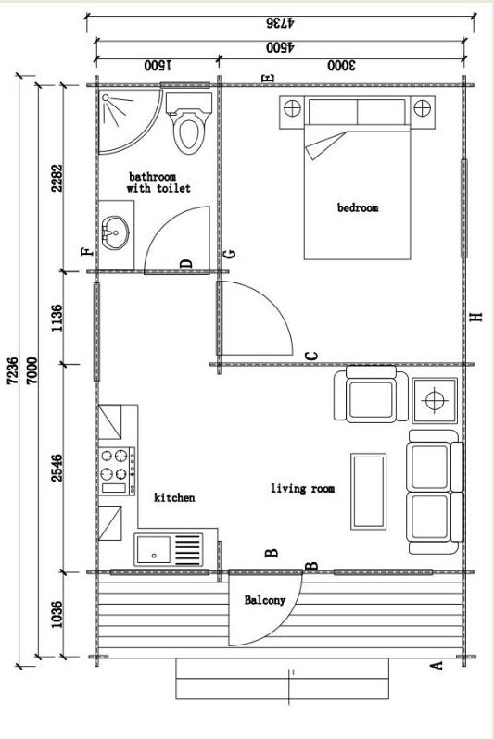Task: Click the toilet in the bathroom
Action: click(189, 122)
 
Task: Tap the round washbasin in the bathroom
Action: click(115, 232)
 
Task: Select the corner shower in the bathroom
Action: click(128, 120)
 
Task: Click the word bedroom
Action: click(358, 207)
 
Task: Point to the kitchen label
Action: click(174, 497)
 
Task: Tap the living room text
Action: click(302, 489)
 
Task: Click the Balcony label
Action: click(265, 600)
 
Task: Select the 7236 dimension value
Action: click(13, 371)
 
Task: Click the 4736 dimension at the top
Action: click(280, 22)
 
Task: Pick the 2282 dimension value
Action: click(57, 178)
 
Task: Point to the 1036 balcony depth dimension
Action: click(57, 614)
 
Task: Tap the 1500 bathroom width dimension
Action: click(158, 65)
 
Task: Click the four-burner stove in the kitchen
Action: click(117, 470)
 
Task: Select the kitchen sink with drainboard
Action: click(169, 549)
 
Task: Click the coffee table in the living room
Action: click(369, 492)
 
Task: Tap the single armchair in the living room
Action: click(371, 394)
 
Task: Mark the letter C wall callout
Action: click(311, 356)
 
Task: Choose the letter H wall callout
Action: click(477, 318)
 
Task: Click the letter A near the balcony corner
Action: click(437, 665)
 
